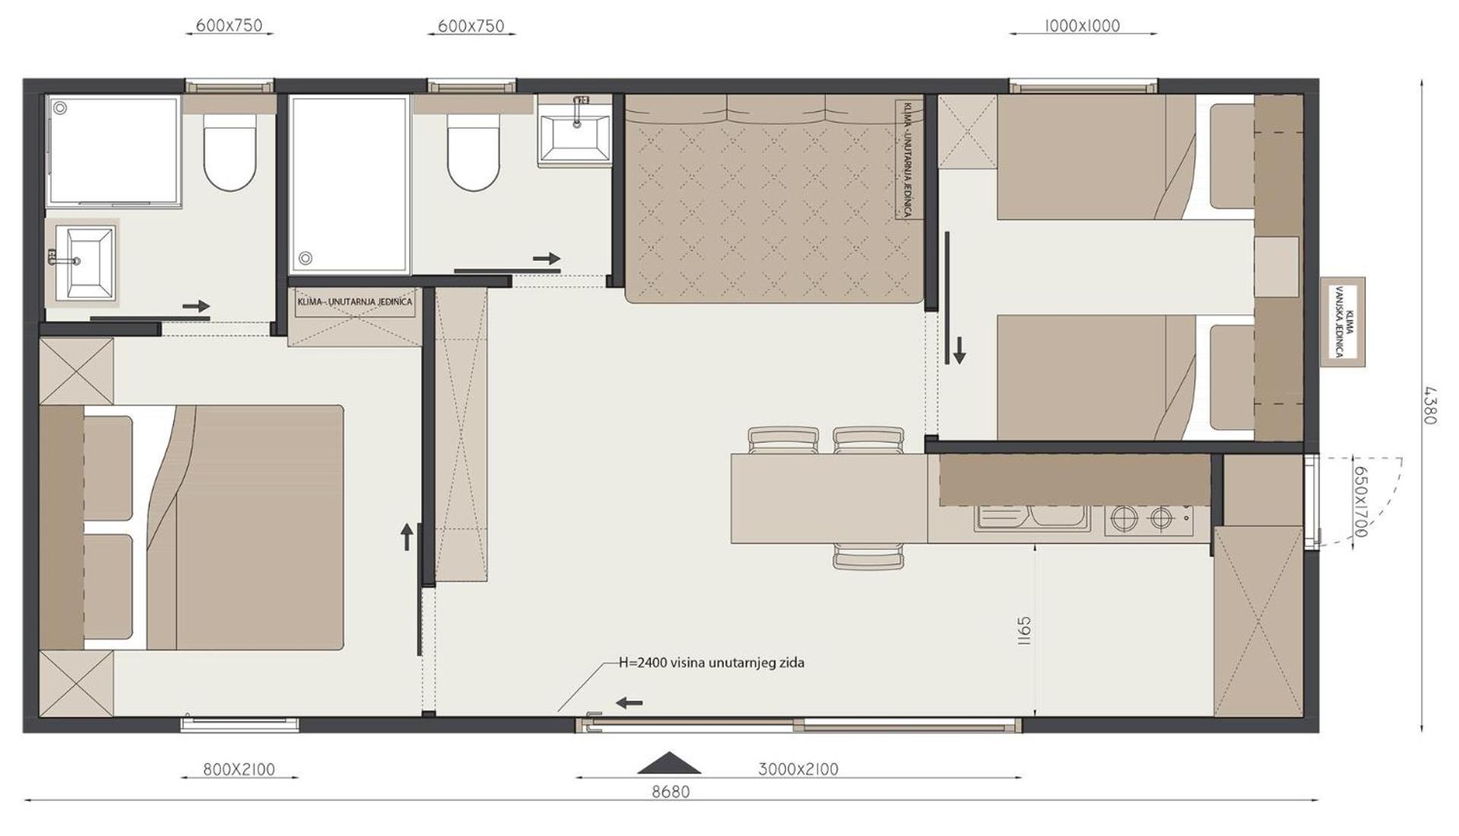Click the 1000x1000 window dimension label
point(1082,26)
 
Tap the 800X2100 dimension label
point(239,769)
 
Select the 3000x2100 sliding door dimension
point(798,769)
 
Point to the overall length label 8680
point(671,792)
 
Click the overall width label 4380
point(1429,405)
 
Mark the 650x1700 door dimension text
point(1360,501)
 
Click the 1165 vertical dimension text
point(1023,631)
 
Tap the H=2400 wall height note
point(711,663)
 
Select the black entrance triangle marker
point(669,763)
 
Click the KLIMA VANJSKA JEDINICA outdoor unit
point(1343,322)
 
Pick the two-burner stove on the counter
point(1149,520)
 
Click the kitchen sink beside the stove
point(1032,517)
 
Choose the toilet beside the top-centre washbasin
point(473,152)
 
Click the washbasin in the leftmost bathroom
point(82,261)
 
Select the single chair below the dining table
point(868,556)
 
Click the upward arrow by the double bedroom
point(407,536)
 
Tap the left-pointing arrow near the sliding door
point(629,703)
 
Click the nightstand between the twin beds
point(1276,267)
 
